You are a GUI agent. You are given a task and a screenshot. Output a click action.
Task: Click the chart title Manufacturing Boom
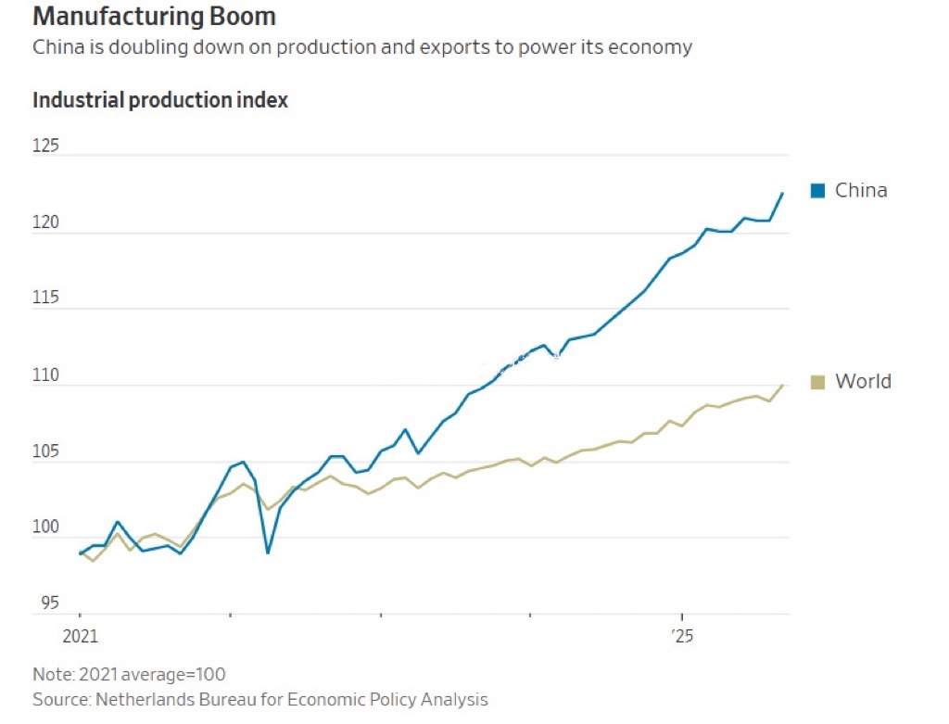coord(154,17)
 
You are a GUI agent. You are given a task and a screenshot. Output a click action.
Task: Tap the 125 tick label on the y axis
coord(45,146)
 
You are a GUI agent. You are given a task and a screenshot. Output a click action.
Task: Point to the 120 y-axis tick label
coord(45,222)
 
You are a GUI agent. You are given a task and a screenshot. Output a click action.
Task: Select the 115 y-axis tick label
coord(45,298)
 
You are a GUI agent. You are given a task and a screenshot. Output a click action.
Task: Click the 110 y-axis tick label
coord(45,376)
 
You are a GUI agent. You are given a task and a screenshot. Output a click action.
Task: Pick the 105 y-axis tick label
coord(45,452)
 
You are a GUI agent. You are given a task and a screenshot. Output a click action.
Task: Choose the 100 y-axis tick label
coord(45,528)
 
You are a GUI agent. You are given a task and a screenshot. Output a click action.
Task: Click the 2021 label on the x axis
coord(80,638)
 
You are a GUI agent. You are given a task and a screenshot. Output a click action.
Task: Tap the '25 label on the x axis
coord(682,638)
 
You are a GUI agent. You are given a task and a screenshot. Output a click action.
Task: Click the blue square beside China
coord(817,191)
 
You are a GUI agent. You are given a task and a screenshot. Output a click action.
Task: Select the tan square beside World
coord(817,382)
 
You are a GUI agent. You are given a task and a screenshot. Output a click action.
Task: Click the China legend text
coord(861,191)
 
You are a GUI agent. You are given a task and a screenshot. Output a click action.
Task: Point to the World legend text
coord(863,382)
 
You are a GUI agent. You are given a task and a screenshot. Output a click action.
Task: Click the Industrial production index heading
coord(160,100)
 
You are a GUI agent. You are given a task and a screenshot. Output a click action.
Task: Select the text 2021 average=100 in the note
coord(150,674)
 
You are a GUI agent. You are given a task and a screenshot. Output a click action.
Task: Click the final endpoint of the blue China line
coord(783,193)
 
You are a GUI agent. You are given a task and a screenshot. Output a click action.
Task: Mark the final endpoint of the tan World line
coord(783,385)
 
